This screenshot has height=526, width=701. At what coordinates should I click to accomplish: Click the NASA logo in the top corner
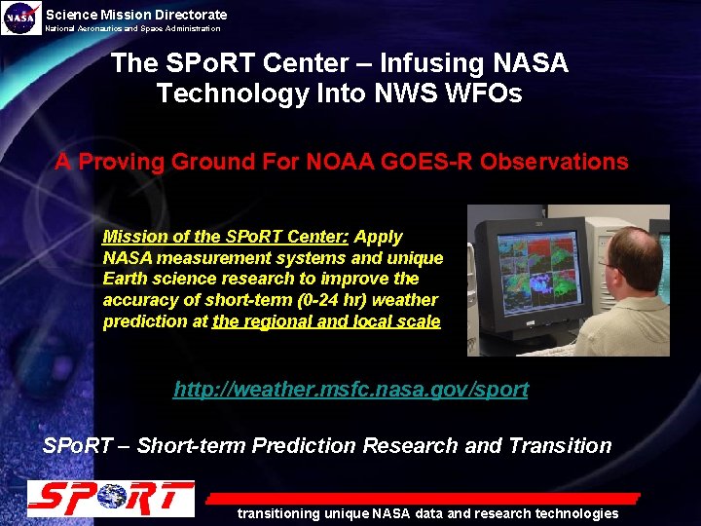pyautogui.click(x=21, y=18)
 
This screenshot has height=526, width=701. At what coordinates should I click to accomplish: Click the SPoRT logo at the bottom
pyautogui.click(x=110, y=499)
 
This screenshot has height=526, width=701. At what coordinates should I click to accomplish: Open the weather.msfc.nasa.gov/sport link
pyautogui.click(x=350, y=390)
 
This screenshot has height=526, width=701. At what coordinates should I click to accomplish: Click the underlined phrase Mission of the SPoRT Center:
pyautogui.click(x=227, y=237)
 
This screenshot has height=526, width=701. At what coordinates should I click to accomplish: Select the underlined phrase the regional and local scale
pyautogui.click(x=326, y=321)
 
